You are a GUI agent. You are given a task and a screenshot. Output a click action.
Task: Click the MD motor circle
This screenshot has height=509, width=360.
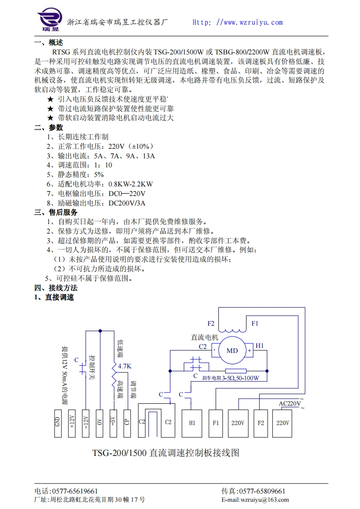coord(232,351)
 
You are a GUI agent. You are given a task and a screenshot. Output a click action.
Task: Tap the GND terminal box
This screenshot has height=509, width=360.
coord(58,423)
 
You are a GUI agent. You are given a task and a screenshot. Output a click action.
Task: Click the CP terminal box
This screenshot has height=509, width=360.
coord(127,423)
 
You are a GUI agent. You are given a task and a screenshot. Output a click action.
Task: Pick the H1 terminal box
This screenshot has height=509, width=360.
coord(192,423)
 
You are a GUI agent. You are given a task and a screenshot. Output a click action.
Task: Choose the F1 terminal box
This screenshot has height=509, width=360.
coord(216,423)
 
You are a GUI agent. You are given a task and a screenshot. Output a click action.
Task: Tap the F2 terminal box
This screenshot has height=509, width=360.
coord(261,423)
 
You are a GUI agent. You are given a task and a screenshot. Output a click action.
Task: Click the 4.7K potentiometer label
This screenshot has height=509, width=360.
coord(124,366)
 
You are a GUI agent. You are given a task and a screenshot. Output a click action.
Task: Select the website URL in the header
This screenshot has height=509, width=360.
coord(237,22)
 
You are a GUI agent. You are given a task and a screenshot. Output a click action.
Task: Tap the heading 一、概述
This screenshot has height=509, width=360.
coord(49,43)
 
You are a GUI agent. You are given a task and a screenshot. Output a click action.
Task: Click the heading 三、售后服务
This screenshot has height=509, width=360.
coord(56,212)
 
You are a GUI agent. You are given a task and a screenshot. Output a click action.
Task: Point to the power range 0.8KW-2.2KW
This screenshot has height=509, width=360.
coord(130,184)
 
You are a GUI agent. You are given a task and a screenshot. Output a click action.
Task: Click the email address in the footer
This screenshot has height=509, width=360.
coord(255,500)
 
